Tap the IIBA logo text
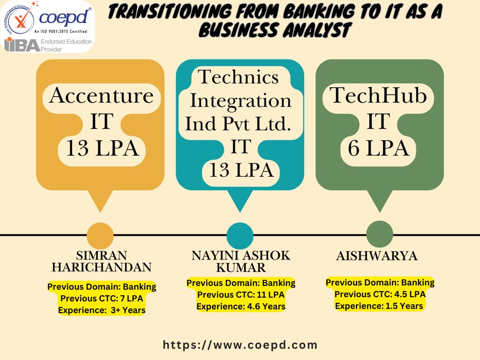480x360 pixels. (22, 45)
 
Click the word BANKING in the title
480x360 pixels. (319, 12)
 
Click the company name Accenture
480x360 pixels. (101, 96)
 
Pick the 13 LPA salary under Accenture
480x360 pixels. (102, 148)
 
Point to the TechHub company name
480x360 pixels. (378, 95)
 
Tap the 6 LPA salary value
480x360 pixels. (378, 148)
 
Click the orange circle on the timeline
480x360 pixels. (100, 235)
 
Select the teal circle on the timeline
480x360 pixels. (240, 235)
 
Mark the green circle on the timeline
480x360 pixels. (380, 234)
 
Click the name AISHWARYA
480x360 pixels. (377, 256)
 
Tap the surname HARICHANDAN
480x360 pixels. (102, 267)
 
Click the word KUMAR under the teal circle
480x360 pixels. (241, 268)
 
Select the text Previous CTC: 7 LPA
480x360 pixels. (102, 298)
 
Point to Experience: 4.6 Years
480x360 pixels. (241, 307)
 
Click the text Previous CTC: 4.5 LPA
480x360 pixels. (380, 294)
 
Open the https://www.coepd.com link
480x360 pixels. (240, 345)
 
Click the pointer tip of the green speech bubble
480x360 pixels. (380, 212)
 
